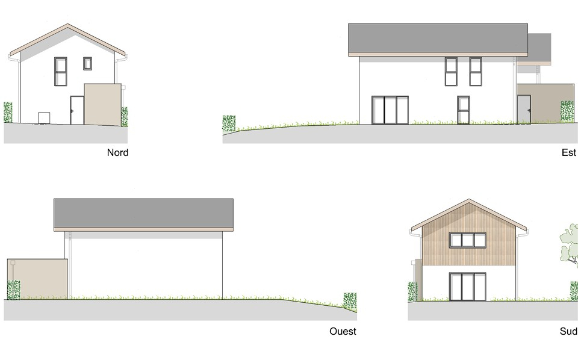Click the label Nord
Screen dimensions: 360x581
point(117,152)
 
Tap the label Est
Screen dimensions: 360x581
point(568,152)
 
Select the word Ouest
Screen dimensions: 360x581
point(343,331)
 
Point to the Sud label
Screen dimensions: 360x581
point(568,331)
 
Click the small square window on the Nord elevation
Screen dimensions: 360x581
point(88,63)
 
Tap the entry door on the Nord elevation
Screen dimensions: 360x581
point(76,110)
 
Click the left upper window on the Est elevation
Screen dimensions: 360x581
point(452,72)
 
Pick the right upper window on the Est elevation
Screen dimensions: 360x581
point(476,72)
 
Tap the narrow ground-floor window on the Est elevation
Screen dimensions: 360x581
point(462,110)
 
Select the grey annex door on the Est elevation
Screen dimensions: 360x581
point(523,110)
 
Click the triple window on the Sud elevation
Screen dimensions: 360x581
point(468,240)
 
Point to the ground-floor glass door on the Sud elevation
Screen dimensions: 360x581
point(468,287)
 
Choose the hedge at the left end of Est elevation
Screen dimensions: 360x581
point(229,123)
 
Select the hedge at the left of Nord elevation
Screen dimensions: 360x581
point(8,113)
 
